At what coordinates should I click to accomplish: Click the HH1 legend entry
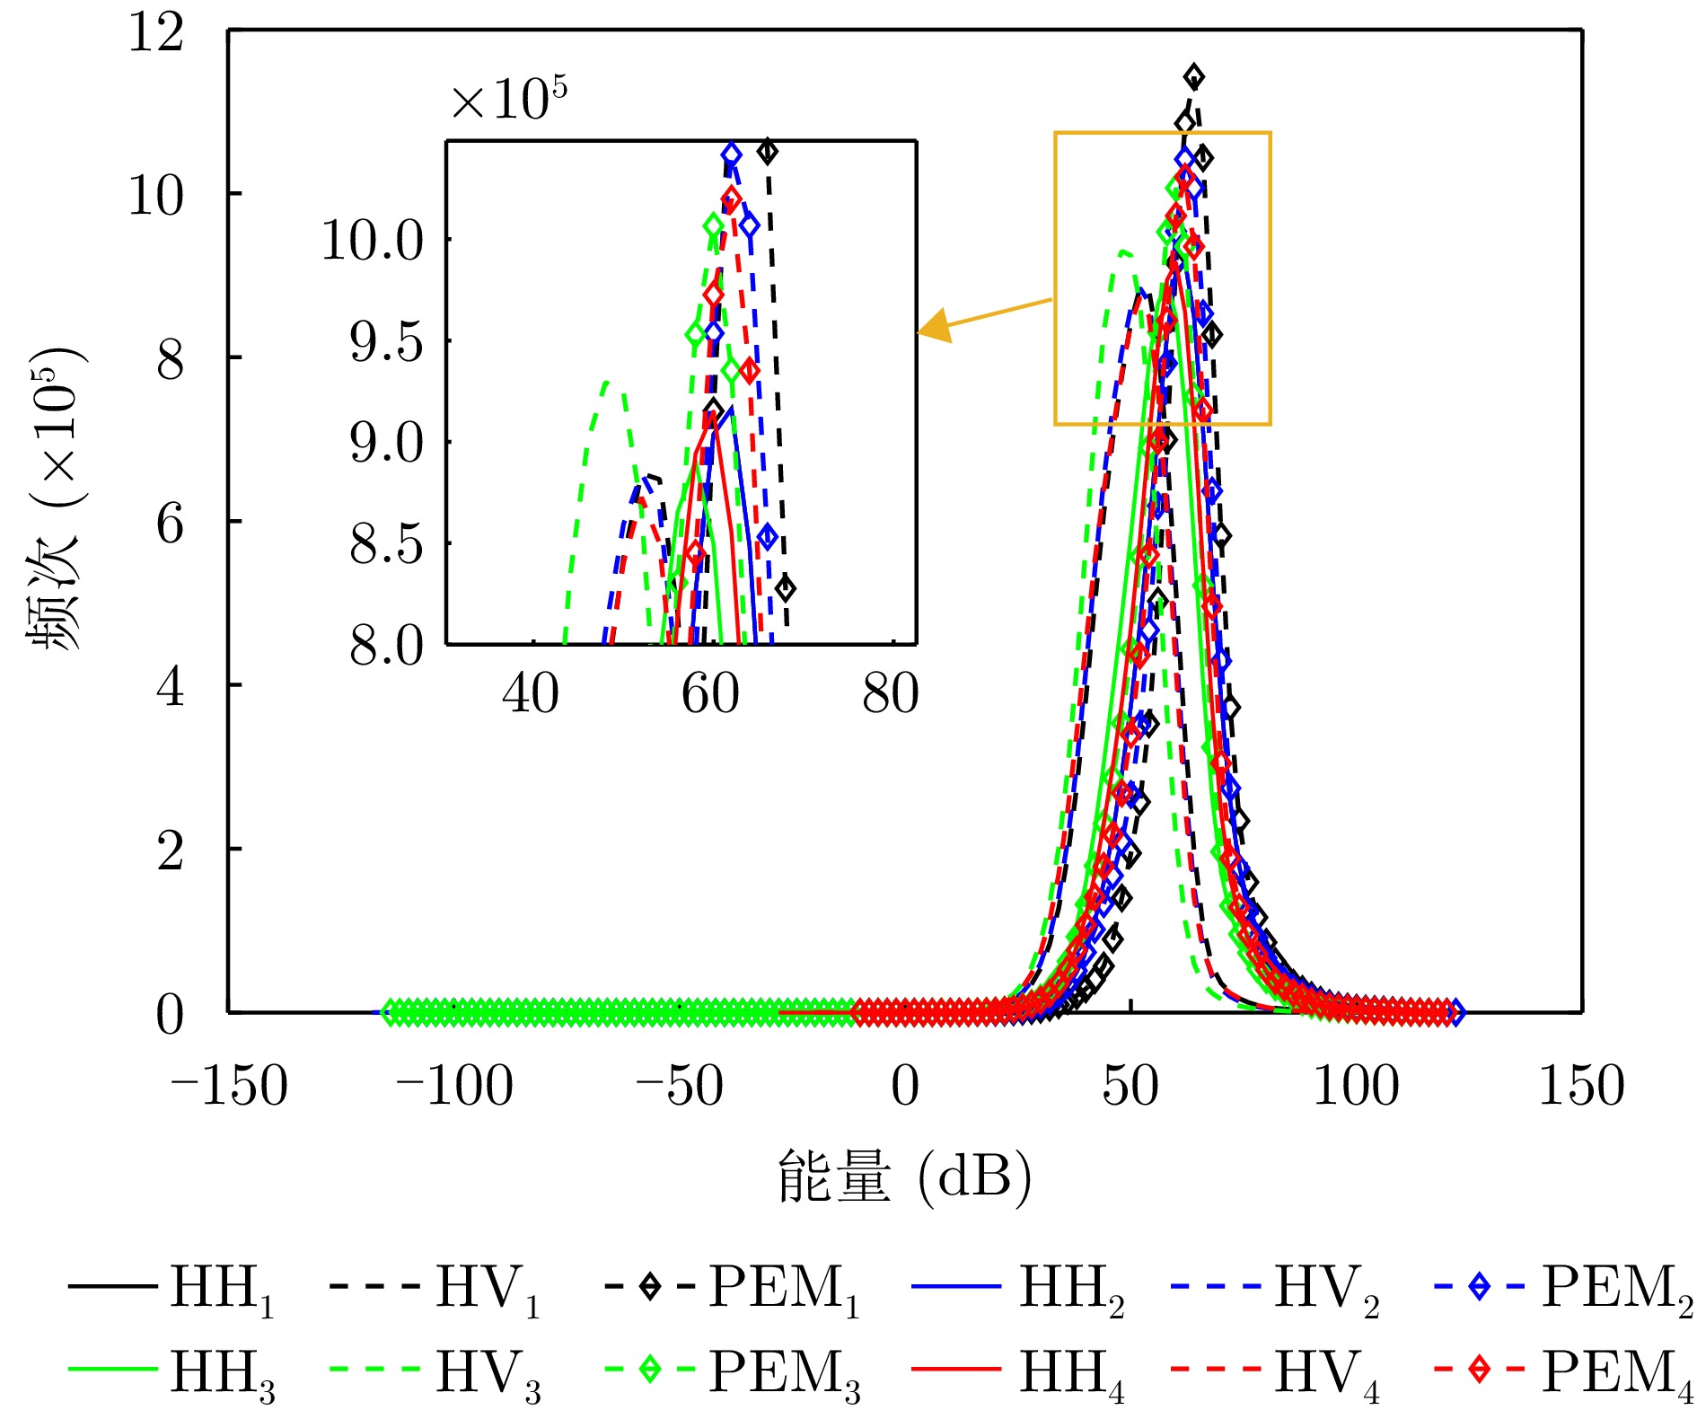coord(171,1290)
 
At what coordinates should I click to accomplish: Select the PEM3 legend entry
coord(733,1372)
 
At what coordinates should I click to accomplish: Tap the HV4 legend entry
coord(1275,1372)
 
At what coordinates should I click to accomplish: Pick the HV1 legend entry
coord(435,1290)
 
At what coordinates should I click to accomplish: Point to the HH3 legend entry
coord(171,1372)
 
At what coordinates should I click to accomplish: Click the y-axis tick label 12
coord(156,34)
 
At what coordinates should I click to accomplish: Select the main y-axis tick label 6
coord(170,524)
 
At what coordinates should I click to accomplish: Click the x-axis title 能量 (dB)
coord(904,1177)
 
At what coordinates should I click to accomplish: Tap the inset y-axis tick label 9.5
coord(386,342)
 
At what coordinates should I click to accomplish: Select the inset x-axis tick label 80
coord(891,694)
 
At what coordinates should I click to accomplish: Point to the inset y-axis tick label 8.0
coord(386,646)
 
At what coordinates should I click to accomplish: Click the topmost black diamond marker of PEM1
coord(1193,76)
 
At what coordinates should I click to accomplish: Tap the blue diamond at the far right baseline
coord(1456,1013)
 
